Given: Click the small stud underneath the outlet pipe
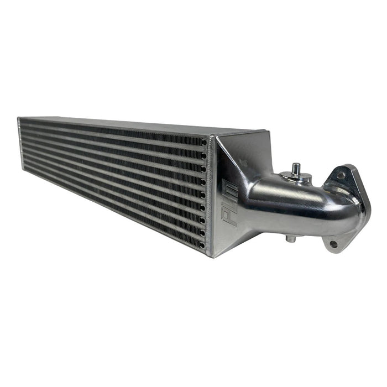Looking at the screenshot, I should pos(289,239).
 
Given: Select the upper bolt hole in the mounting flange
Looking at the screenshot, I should pos(342,175).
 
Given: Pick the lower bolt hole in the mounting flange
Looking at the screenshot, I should pos(333,243).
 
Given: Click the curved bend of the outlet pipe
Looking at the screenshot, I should pos(332,205).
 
